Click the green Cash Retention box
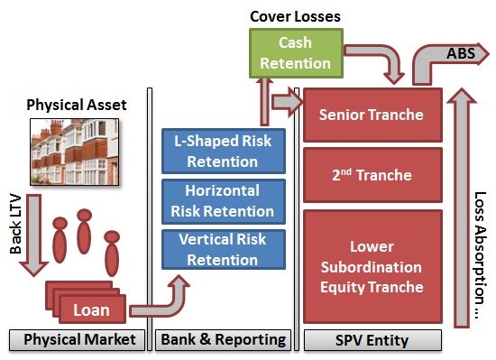296,53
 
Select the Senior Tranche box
372,115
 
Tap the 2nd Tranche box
372,175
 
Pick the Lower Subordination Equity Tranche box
372,266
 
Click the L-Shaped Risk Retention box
224,151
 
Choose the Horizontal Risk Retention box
224,201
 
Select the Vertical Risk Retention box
224,249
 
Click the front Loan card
92,309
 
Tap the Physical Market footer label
78,340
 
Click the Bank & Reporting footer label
223,340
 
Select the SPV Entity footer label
372,340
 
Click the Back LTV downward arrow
33,235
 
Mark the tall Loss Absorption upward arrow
461,208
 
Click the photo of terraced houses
75,152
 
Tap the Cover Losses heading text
295,16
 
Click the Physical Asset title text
77,105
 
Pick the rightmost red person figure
112,253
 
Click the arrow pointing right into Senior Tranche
287,102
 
